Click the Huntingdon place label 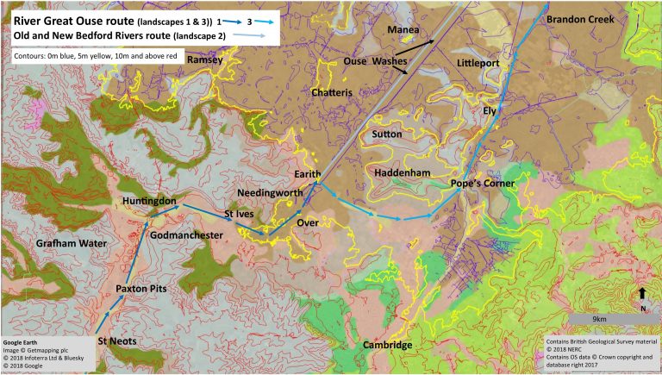pyautogui.click(x=149, y=201)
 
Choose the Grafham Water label pyautogui.click(x=71, y=244)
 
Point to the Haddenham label pyautogui.click(x=403, y=173)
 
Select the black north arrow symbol pyautogui.click(x=642, y=293)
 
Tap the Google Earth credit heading pyautogui.click(x=22, y=341)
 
